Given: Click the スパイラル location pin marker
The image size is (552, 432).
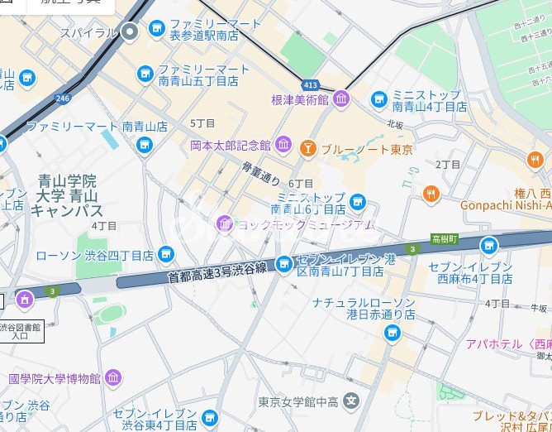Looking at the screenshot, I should (131, 32).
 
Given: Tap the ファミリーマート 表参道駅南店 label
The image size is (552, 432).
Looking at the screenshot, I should (205, 31).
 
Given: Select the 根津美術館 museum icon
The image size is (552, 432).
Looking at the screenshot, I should (341, 99).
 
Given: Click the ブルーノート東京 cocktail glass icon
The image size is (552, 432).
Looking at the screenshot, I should (307, 149).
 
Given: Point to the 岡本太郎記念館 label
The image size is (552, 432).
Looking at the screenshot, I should (230, 145).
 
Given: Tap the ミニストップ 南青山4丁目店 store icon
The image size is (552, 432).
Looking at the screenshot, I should (379, 99).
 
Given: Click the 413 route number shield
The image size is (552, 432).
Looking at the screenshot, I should (310, 84).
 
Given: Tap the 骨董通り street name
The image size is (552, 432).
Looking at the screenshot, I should (261, 173).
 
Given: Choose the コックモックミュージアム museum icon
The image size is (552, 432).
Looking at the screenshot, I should (225, 223).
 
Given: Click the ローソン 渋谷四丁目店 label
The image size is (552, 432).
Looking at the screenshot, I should (95, 255).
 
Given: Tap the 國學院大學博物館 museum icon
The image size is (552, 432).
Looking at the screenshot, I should (113, 378).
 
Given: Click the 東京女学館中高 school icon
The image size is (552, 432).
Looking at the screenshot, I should (352, 402).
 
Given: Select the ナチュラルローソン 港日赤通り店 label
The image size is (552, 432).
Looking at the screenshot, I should (364, 309).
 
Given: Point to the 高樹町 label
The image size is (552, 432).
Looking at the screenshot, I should (445, 239).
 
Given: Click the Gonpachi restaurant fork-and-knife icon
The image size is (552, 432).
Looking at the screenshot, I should (431, 194).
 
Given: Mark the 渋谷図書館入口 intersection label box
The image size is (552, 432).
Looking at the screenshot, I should (22, 331).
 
